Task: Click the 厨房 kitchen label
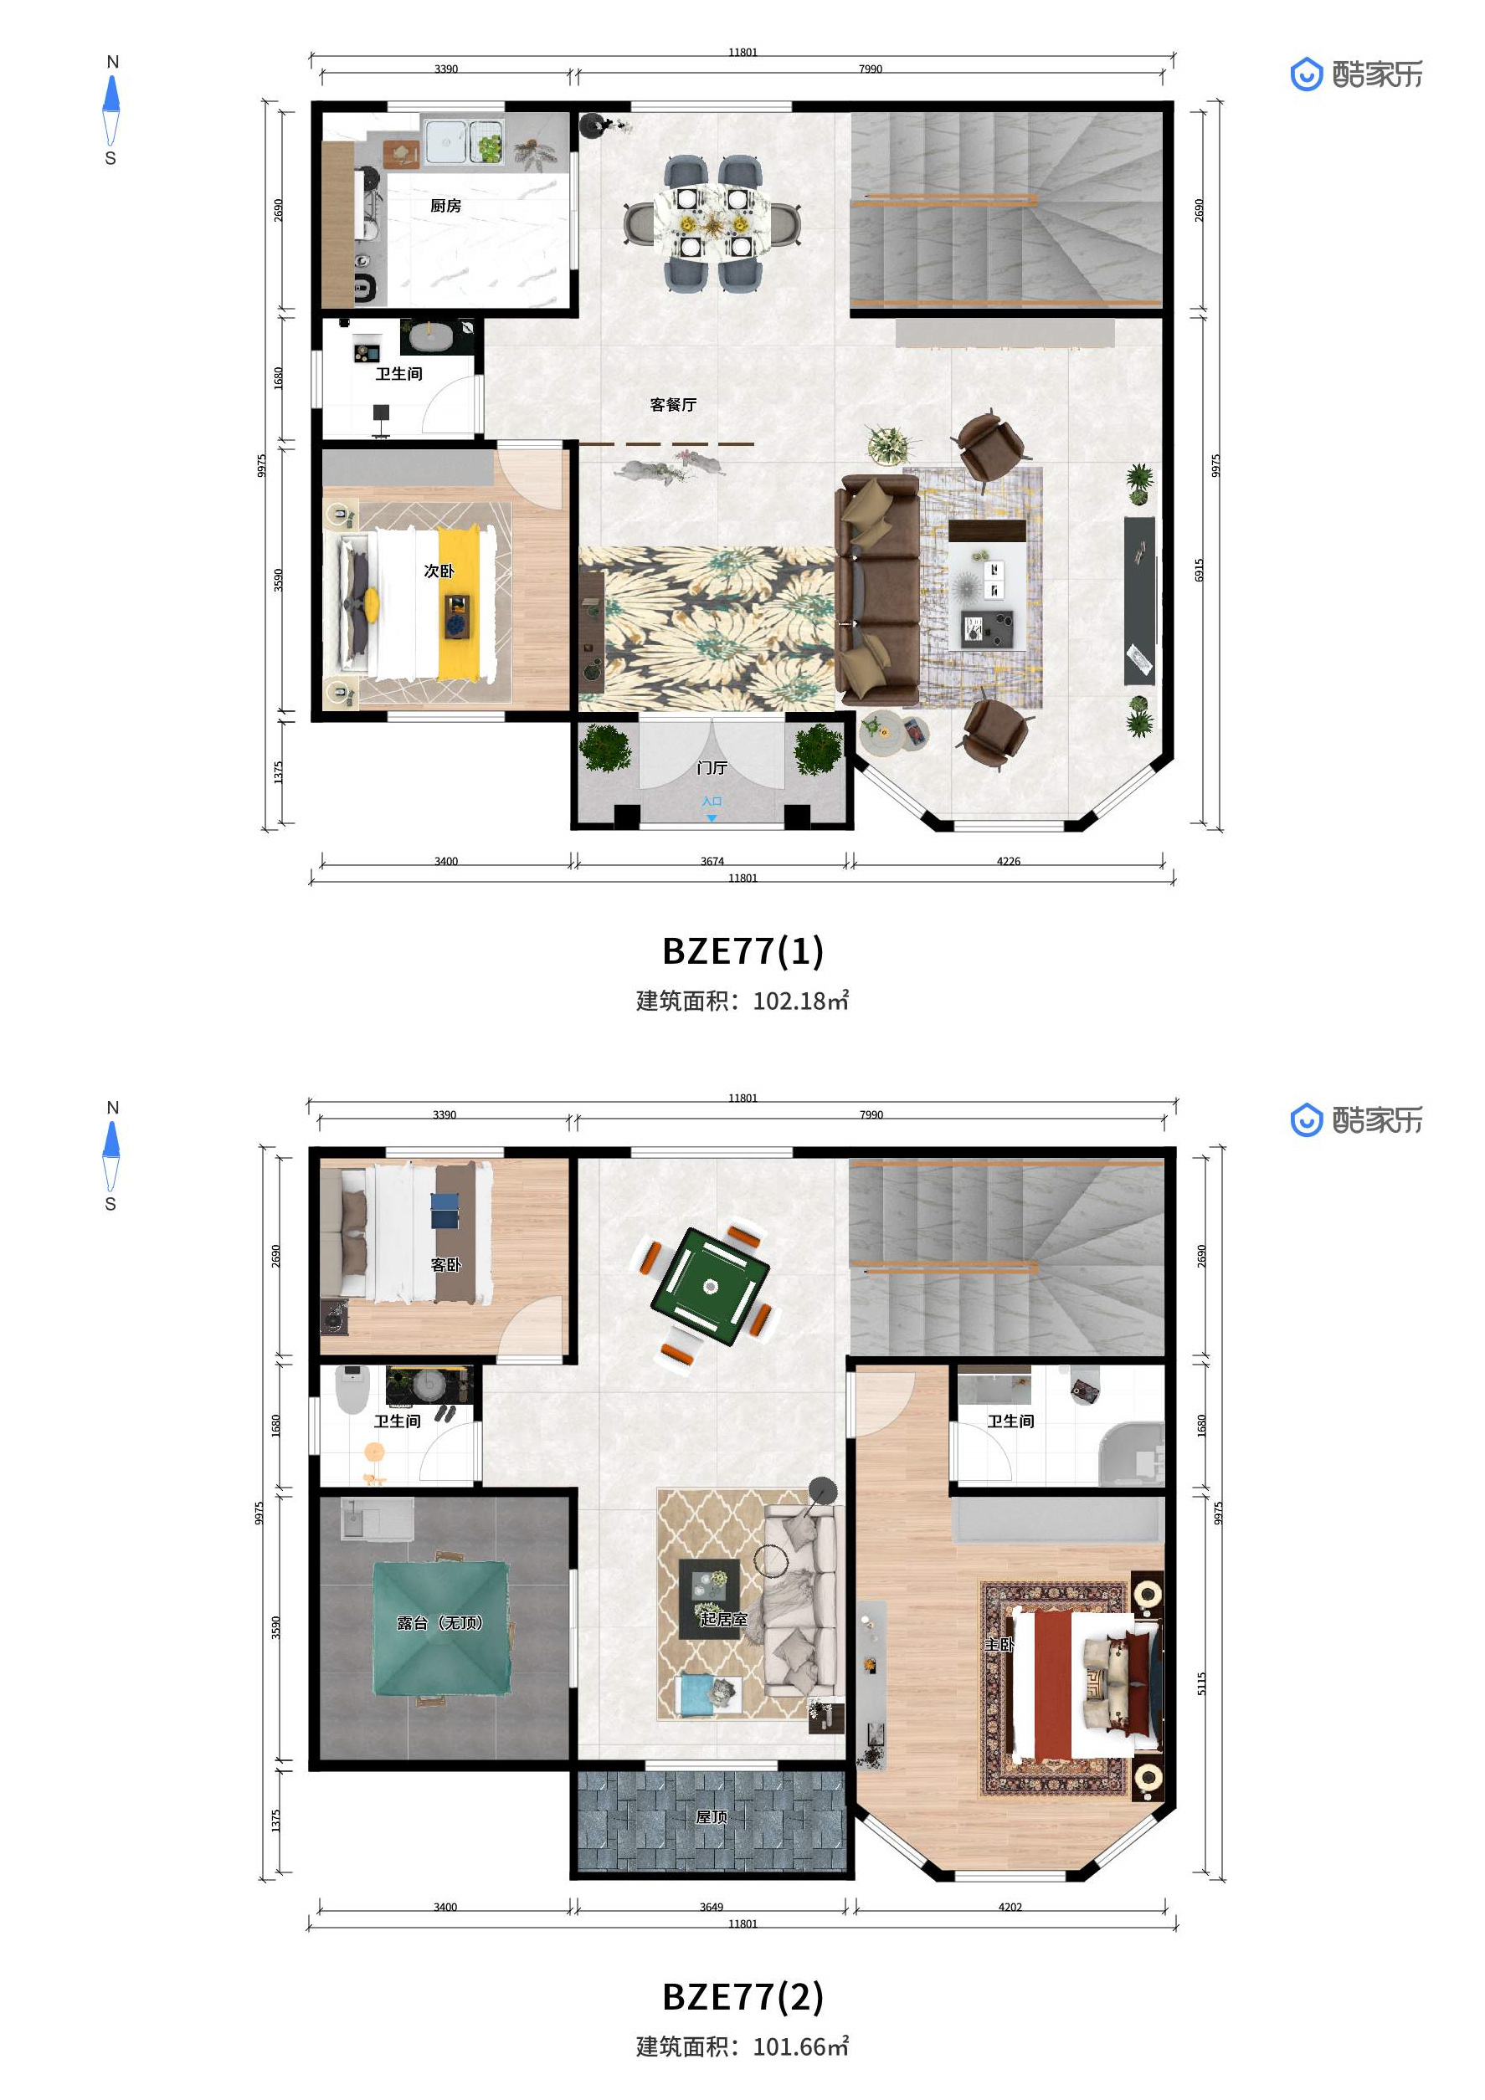coord(445,206)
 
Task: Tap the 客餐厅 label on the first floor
coord(673,404)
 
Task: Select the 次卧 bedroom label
coord(439,571)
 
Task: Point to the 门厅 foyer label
coord(712,767)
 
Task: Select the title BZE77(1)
coord(743,951)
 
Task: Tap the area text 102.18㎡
coord(800,1001)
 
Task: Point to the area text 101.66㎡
coord(800,2047)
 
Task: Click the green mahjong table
coord(710,1287)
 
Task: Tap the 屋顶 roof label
coord(712,1816)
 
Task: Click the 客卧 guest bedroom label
coord(445,1265)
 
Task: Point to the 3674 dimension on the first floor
coord(712,861)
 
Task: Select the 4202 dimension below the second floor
coord(1010,1907)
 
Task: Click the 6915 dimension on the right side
coord(1200,570)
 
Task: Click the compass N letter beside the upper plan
coord(112,62)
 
